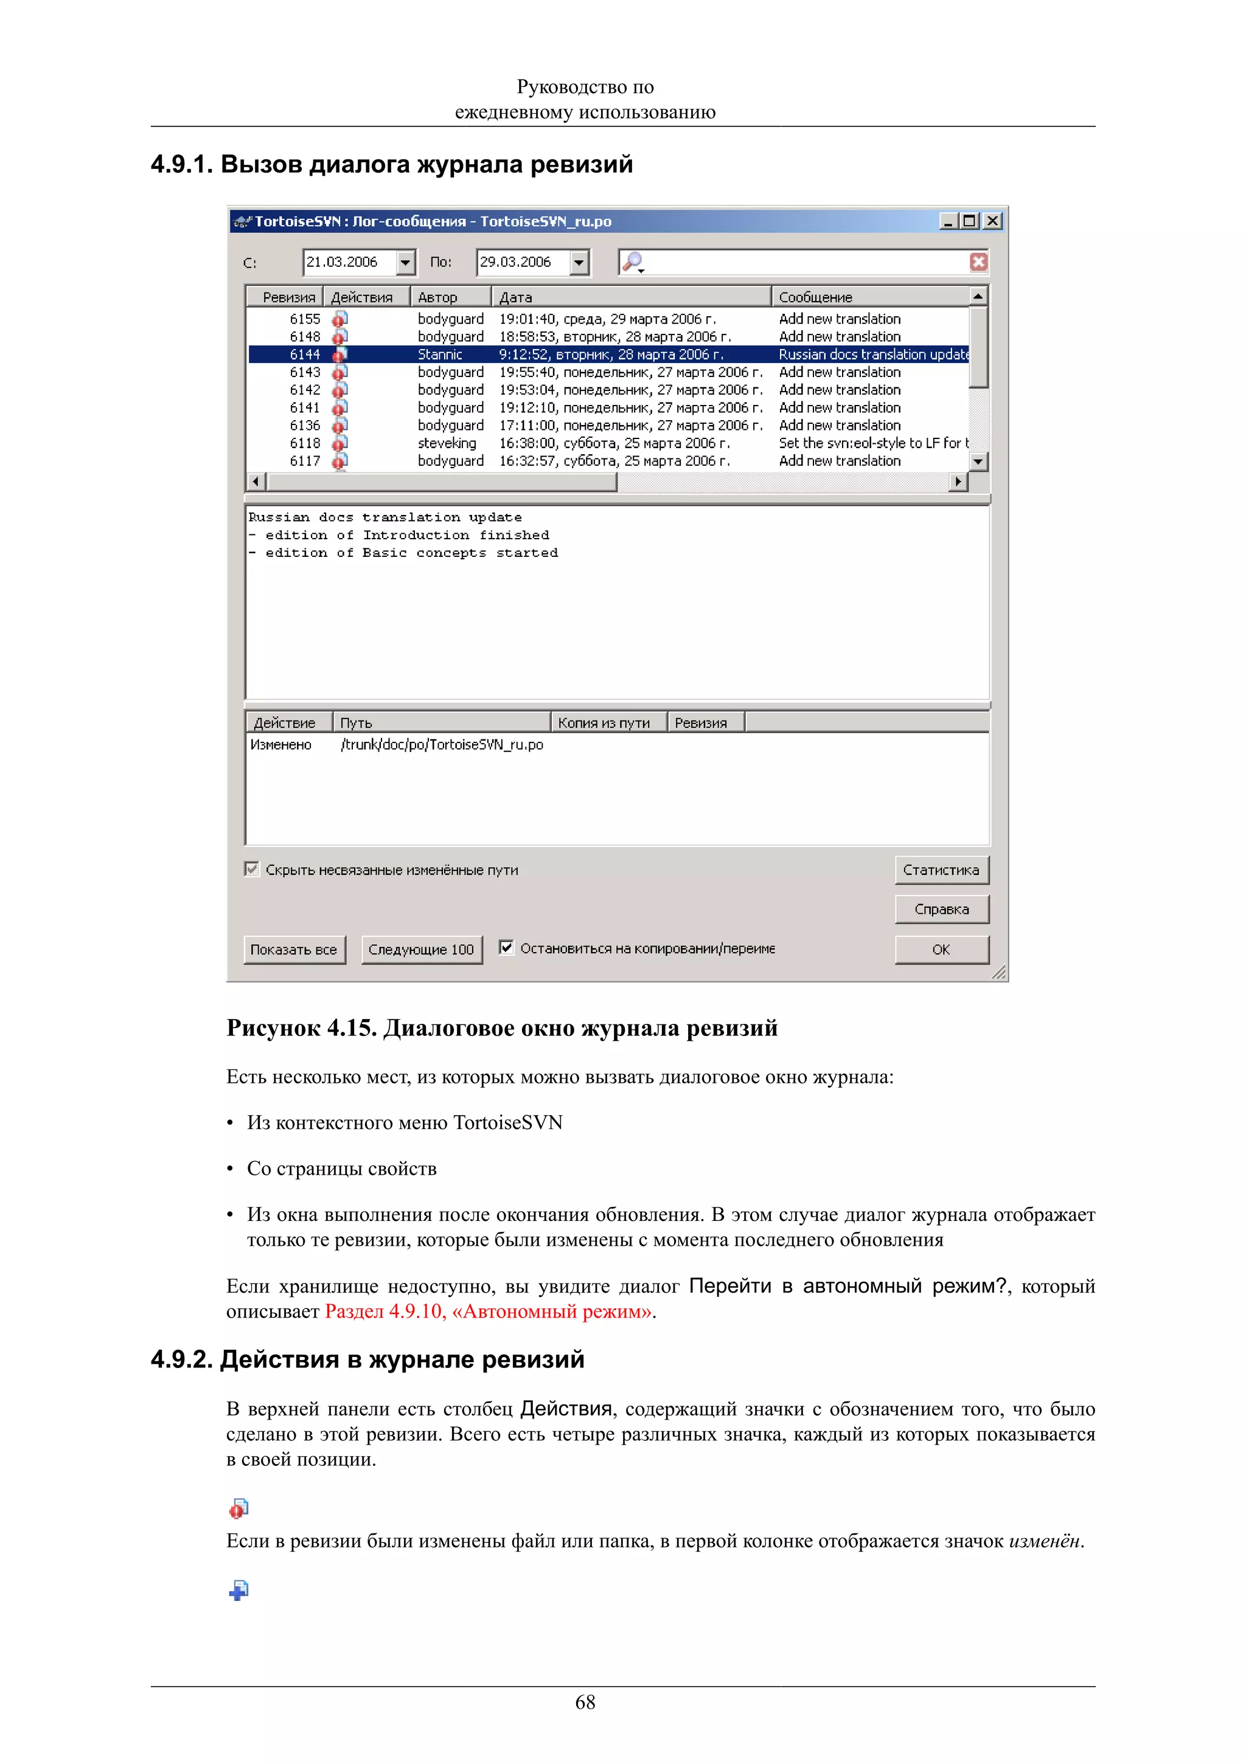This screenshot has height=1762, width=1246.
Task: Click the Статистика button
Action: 941,869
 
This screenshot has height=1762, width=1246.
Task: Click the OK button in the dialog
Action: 941,949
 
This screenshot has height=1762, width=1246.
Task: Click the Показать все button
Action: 294,949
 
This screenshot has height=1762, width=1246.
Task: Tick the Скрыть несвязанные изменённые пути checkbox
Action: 252,869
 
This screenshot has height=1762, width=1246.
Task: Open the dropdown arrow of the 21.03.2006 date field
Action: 405,263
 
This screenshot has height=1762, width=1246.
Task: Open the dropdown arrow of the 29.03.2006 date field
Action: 579,263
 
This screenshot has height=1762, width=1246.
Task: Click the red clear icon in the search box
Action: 978,263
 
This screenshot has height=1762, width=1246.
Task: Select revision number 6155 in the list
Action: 305,319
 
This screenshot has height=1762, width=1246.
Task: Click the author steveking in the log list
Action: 447,443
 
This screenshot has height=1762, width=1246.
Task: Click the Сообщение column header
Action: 815,297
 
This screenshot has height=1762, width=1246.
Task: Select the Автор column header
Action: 437,297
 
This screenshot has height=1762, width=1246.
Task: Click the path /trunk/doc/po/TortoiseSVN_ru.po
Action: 442,744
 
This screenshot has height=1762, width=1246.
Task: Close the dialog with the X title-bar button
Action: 993,221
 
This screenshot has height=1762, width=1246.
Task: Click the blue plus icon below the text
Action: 238,1589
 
